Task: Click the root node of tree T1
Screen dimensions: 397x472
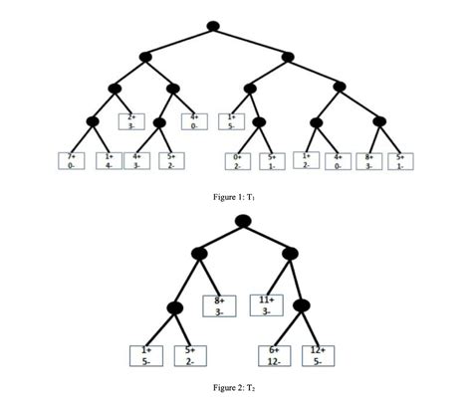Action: coord(213,25)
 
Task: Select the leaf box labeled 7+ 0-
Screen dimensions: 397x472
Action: coord(71,160)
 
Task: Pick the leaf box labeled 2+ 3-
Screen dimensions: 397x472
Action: coord(130,121)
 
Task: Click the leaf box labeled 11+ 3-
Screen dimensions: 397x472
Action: coord(267,304)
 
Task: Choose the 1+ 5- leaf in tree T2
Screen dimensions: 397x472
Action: coord(146,355)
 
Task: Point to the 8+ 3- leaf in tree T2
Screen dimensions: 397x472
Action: coord(219,304)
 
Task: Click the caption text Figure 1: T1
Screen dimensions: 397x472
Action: coord(236,197)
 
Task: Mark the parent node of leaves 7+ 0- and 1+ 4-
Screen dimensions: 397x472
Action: coord(93,122)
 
